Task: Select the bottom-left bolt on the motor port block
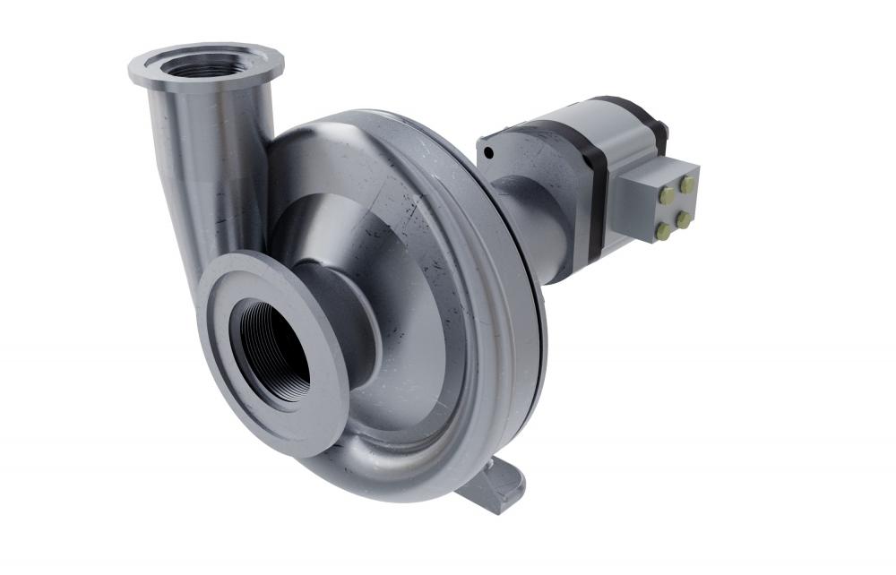click(x=663, y=232)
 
